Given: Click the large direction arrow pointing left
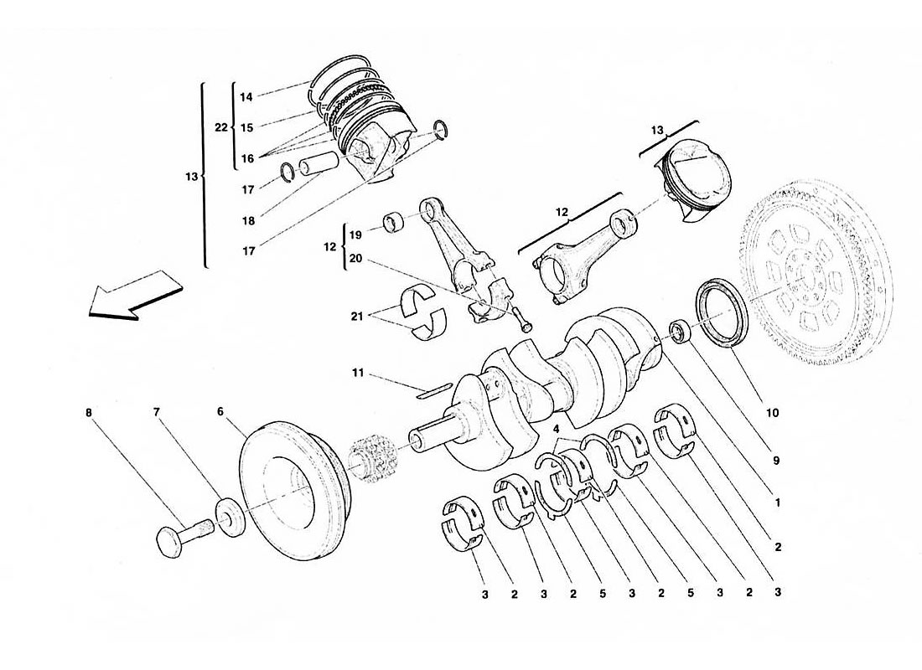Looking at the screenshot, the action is click(134, 296).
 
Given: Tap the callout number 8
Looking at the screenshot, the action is click(89, 413).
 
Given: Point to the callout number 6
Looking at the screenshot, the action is click(220, 411).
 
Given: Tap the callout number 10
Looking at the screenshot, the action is click(772, 413).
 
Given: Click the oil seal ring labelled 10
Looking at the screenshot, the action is click(722, 312).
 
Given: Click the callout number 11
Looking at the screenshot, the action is click(358, 373).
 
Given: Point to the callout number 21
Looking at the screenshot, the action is click(358, 317).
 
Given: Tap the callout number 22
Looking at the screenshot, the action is click(221, 127).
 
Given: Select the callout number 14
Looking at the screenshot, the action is click(246, 97).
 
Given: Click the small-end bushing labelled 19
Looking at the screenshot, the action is click(395, 224).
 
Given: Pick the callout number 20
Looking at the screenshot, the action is click(356, 258).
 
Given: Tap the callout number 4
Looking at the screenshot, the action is click(556, 429).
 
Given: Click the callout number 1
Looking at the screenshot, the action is click(777, 502).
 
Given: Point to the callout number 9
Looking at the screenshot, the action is click(776, 460).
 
